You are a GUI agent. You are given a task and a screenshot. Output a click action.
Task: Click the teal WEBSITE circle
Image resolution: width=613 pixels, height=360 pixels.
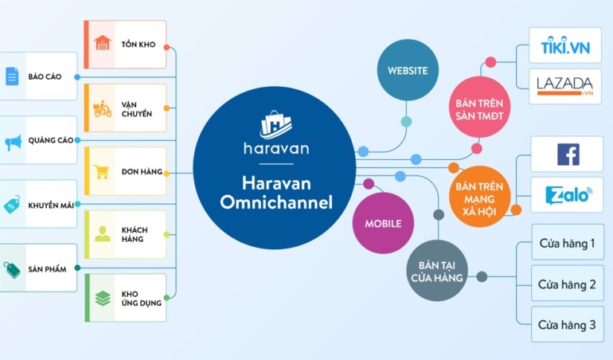tap(408, 70)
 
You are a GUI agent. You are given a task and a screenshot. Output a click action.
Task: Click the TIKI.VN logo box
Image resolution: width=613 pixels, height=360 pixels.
tap(565, 48)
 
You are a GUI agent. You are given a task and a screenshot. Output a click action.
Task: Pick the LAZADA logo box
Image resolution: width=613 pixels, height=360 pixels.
tap(565, 86)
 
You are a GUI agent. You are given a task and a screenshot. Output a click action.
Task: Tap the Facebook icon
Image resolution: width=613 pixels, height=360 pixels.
tap(568, 154)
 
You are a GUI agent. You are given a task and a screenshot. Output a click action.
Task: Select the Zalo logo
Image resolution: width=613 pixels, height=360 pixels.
tap(568, 196)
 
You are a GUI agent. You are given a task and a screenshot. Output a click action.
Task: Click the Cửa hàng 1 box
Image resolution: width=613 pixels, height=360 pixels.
tap(567, 242)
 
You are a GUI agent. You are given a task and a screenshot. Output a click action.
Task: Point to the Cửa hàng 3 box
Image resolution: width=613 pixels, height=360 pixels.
tap(567, 324)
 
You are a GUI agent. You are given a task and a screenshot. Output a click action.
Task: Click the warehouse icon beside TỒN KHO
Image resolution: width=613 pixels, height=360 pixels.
tap(102, 43)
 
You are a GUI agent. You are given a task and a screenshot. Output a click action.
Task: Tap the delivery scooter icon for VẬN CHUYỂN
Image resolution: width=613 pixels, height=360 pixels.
tap(102, 109)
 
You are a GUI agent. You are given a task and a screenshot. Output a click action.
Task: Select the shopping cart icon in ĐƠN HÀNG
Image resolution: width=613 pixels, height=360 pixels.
tap(102, 171)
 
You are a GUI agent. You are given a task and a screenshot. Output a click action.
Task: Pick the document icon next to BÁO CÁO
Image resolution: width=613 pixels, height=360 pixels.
tap(12, 76)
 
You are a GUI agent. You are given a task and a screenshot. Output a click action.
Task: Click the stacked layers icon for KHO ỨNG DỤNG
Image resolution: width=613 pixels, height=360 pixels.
tap(102, 298)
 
